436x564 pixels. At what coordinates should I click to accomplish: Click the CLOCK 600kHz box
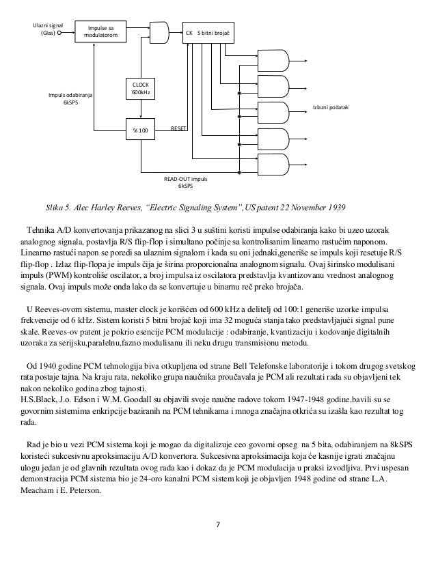139,88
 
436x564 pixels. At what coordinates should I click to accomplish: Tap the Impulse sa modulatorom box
101,31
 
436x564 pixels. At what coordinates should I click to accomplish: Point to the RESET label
179,128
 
